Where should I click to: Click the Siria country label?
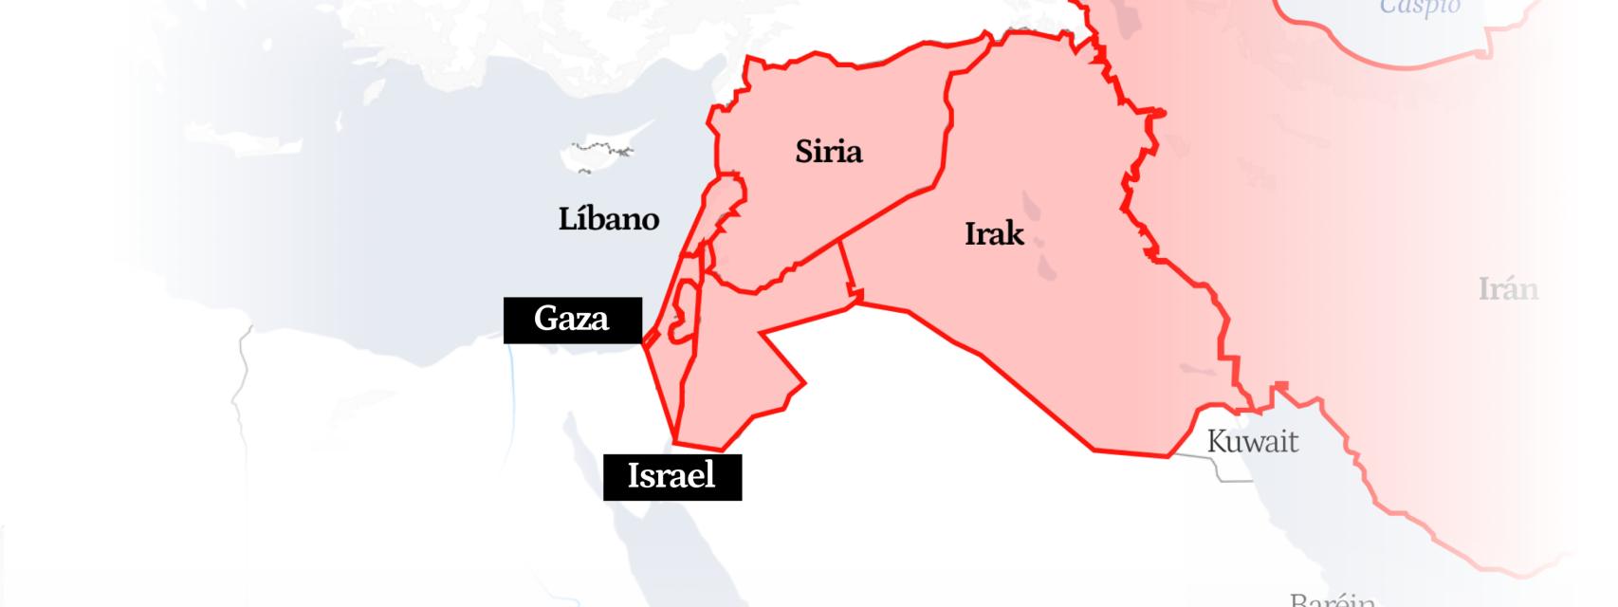(x=828, y=152)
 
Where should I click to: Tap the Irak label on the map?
(x=994, y=233)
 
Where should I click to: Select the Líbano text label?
(x=608, y=219)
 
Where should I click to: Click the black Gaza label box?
(x=572, y=319)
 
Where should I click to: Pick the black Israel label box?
(x=671, y=475)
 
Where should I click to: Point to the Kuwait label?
(x=1252, y=442)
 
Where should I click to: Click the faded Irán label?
(x=1508, y=289)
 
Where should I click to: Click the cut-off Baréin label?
(x=1332, y=599)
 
